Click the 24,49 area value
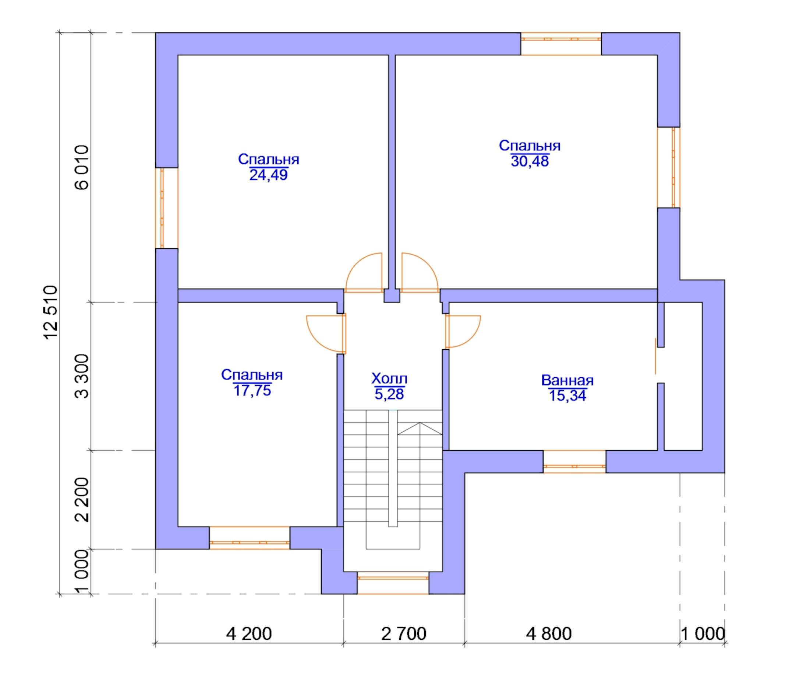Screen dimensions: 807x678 [269, 175]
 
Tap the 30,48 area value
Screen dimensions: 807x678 [530, 161]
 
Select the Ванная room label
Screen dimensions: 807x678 [567, 381]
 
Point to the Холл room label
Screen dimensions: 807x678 [389, 379]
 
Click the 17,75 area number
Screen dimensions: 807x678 [252, 391]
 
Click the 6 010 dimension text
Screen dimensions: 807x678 [82, 167]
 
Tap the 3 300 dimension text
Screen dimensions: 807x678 [82, 376]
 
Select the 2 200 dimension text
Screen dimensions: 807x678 [82, 499]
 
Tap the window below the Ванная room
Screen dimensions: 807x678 [574, 461]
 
